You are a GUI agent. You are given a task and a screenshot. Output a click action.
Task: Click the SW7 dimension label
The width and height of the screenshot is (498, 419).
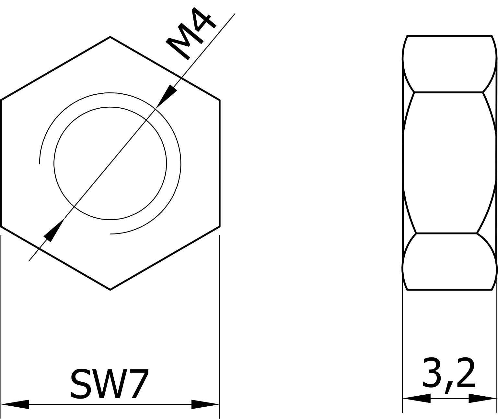point(110,384)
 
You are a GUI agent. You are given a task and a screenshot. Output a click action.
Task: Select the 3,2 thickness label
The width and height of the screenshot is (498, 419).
point(449,374)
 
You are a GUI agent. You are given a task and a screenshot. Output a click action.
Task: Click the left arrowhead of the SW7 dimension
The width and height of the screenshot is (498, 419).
point(16,404)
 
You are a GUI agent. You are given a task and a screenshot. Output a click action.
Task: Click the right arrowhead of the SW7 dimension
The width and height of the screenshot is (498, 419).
point(205,404)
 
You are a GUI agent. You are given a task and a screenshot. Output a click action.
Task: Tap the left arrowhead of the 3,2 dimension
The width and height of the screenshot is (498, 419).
point(417,398)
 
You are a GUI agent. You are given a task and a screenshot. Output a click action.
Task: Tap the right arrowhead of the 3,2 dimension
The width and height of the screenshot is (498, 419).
point(482,398)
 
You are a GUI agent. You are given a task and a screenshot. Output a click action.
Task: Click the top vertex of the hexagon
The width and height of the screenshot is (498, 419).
point(110,37)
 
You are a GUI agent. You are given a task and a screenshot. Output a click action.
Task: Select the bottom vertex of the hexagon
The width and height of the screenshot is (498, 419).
point(110,289)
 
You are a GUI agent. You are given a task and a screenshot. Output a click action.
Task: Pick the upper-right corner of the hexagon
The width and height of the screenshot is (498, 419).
point(219,100)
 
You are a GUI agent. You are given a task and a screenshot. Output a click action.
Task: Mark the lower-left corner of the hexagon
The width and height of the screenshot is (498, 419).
point(1,226)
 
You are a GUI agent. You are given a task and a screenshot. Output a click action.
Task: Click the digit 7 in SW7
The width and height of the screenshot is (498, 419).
point(138,384)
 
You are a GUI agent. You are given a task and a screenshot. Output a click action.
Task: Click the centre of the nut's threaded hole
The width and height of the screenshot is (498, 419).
point(110,163)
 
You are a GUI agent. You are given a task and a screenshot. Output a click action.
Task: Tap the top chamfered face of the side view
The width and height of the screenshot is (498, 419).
point(449,64)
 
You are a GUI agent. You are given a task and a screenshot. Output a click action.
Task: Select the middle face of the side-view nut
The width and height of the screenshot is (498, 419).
point(449,162)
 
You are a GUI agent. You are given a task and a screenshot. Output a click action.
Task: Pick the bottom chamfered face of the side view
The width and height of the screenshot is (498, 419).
point(449,261)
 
